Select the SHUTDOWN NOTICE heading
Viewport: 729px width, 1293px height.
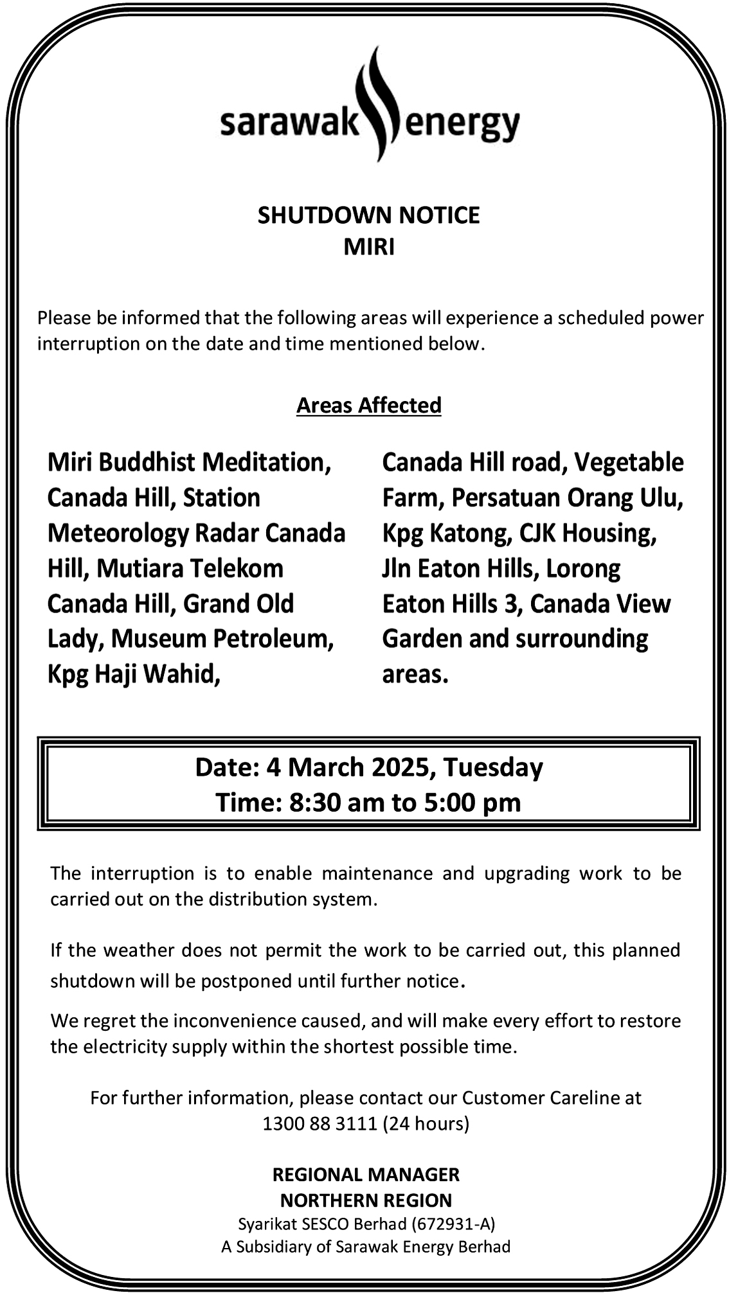(368, 215)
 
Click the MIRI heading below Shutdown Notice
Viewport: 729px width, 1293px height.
(368, 247)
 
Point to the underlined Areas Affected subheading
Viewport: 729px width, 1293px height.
(368, 405)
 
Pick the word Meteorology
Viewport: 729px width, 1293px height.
(118, 533)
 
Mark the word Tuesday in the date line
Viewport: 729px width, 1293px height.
(492, 767)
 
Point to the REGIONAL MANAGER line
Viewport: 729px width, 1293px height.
(366, 1175)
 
